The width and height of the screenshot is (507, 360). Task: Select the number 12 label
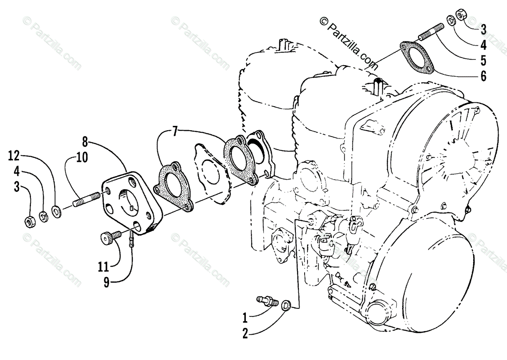(14, 157)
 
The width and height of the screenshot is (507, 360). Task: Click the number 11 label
(104, 267)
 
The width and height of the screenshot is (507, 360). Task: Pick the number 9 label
(106, 282)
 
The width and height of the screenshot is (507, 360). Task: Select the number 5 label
(483, 60)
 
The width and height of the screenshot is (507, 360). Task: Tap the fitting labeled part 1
(267, 301)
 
